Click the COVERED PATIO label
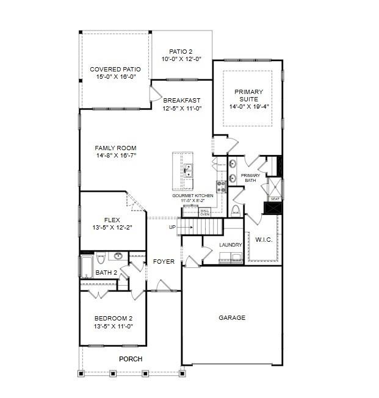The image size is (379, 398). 115,70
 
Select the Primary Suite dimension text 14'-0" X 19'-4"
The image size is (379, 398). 248,106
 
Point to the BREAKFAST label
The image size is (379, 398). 182,100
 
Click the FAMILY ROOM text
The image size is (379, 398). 115,148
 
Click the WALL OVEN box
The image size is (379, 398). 205,212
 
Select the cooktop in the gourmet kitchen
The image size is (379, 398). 221,186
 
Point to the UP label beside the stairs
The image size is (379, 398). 173,228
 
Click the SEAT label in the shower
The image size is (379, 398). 275,199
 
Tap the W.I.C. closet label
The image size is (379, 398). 264,239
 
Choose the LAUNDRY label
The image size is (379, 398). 231,245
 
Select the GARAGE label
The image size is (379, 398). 232,317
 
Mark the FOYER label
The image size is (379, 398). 164,261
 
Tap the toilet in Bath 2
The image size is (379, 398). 101,256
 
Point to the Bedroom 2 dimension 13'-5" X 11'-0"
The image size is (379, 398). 114,327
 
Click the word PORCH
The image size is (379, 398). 131,359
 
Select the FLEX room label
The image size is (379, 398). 112,220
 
